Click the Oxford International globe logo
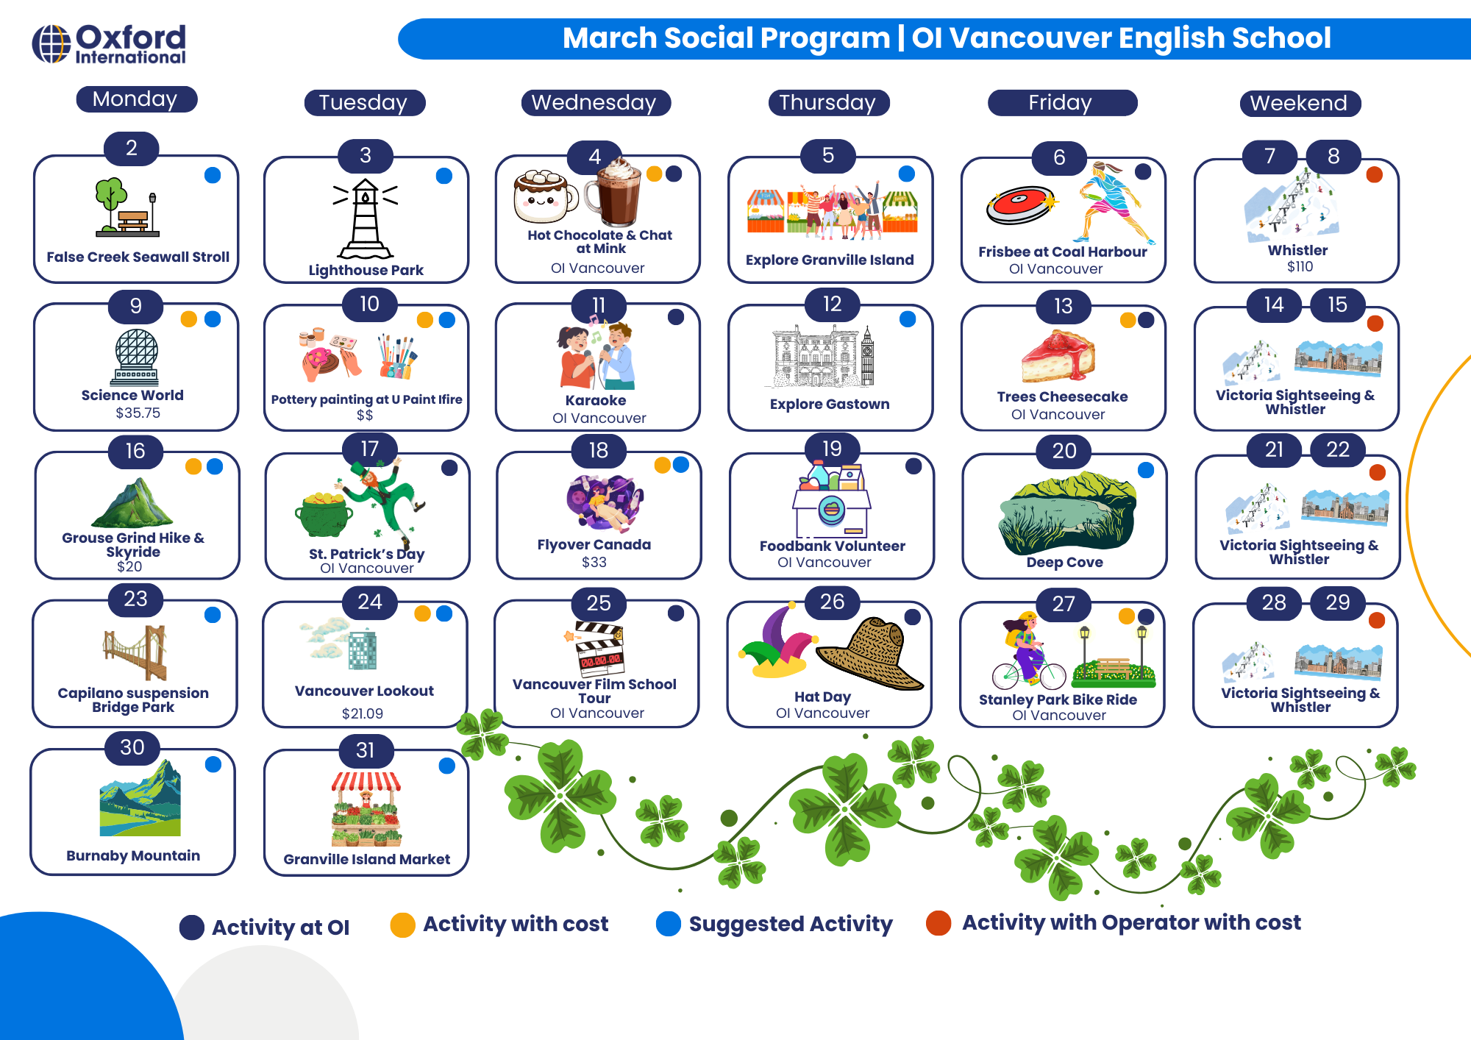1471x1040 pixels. click(x=51, y=44)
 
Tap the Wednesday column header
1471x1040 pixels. click(x=596, y=103)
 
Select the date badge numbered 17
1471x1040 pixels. click(x=369, y=448)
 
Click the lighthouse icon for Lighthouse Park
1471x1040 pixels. click(x=366, y=218)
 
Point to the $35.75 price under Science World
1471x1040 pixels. click(x=138, y=413)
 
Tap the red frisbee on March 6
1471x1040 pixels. click(x=1020, y=204)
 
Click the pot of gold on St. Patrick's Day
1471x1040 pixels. click(x=323, y=514)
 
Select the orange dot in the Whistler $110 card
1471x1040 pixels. click(x=1374, y=175)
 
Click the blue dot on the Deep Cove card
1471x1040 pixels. click(x=1146, y=470)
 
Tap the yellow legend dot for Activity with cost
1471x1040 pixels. click(x=403, y=925)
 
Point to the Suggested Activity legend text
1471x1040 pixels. click(x=791, y=924)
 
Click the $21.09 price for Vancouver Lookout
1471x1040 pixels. click(x=363, y=713)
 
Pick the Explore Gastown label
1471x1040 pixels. click(x=830, y=404)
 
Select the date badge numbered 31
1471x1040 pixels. click(x=366, y=750)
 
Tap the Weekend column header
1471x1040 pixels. click(x=1300, y=104)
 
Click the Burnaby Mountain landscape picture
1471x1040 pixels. click(x=140, y=799)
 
